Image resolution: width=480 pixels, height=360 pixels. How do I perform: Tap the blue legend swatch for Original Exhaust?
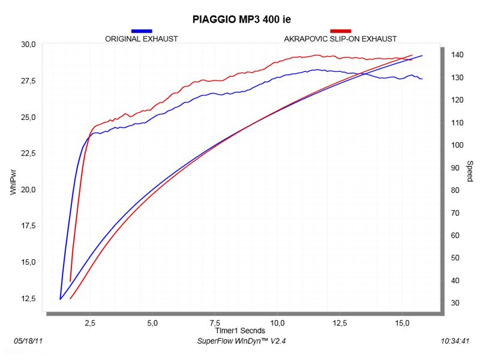[142, 31]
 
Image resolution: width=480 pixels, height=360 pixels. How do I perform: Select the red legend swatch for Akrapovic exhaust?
[341, 31]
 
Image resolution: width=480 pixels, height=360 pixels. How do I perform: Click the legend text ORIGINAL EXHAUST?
[142, 38]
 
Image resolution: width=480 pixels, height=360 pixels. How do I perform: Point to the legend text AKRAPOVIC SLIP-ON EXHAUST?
[340, 38]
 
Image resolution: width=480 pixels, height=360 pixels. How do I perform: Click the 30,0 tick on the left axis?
[29, 44]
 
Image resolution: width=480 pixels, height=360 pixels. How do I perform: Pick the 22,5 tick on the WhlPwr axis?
[29, 154]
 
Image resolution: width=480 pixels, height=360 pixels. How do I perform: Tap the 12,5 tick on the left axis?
[29, 299]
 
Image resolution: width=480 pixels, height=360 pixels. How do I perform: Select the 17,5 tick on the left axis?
[29, 226]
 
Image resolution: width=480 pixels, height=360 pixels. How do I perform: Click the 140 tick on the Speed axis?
[458, 55]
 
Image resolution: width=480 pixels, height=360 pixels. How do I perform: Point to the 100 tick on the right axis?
[458, 145]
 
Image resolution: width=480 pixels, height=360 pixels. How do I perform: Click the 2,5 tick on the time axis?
[90, 323]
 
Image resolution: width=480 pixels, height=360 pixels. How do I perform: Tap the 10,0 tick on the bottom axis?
[277, 323]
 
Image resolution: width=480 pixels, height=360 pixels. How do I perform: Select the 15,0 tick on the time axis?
[402, 323]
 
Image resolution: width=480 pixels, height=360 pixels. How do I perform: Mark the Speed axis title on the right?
[470, 172]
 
